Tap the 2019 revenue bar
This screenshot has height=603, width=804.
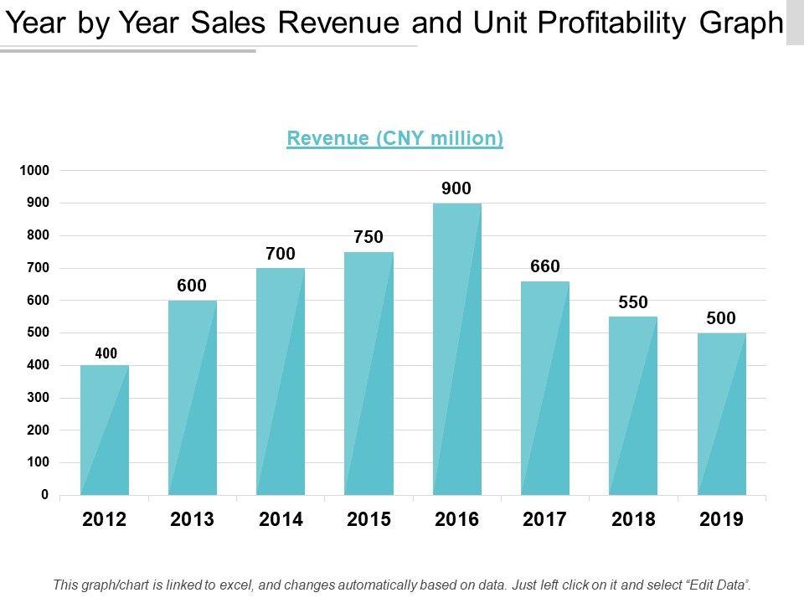click(x=721, y=414)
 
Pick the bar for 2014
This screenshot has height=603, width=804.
click(x=281, y=381)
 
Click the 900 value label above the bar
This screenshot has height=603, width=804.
click(x=456, y=189)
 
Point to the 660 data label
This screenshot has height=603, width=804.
click(x=544, y=267)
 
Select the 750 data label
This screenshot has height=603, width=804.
click(x=368, y=237)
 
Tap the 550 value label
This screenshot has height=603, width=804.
click(x=633, y=302)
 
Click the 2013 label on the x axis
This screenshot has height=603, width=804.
click(x=193, y=519)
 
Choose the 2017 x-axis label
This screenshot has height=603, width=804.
click(x=545, y=519)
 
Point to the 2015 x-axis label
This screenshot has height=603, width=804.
click(x=368, y=519)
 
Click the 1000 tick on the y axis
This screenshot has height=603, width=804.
click(x=35, y=171)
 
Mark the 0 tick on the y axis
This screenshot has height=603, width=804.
click(x=44, y=495)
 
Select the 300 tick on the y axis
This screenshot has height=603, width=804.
click(x=39, y=398)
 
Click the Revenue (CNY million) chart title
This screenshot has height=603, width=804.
click(x=394, y=138)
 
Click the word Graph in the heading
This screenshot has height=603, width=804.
click(x=743, y=23)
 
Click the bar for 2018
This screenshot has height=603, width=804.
click(x=633, y=405)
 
